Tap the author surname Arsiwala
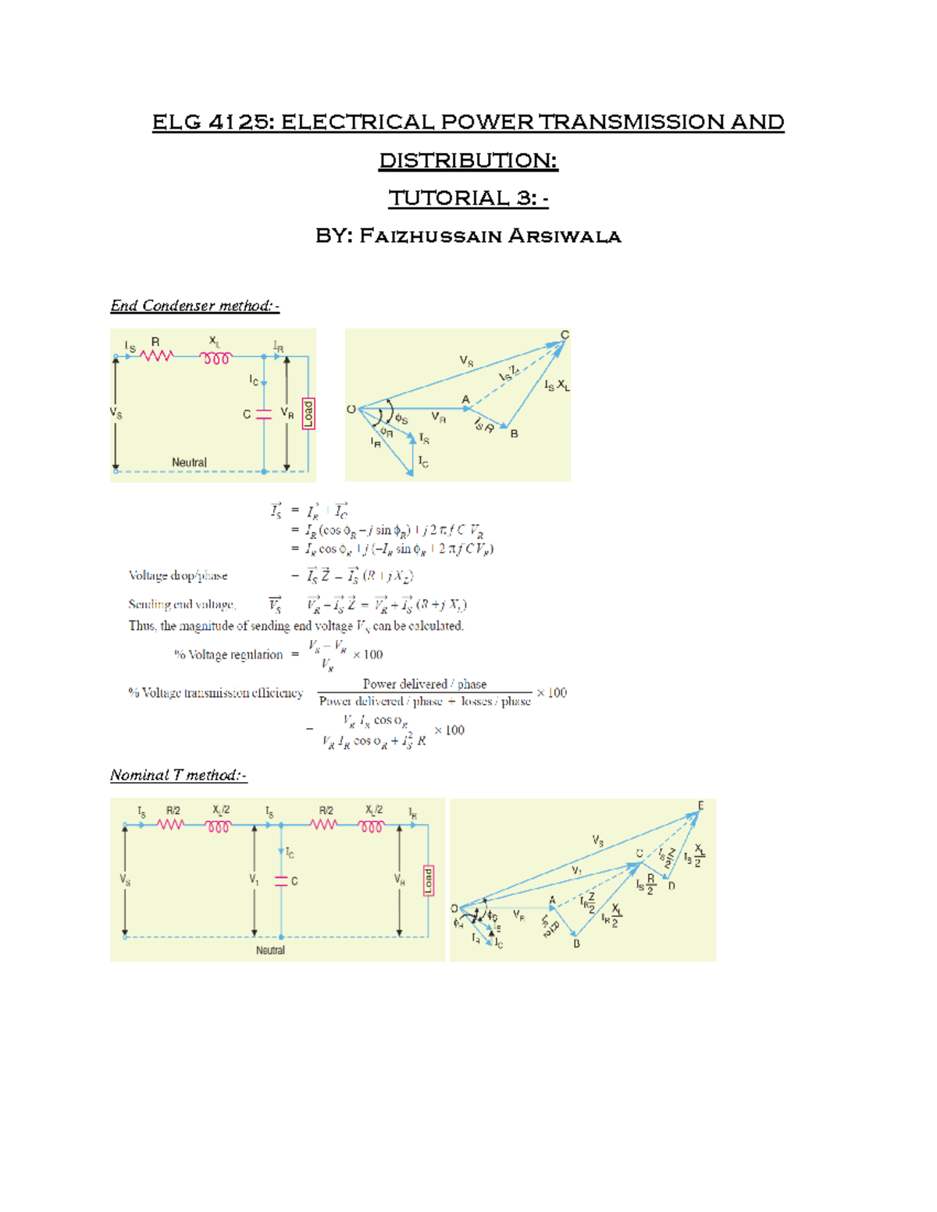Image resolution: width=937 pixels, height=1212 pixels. (x=565, y=236)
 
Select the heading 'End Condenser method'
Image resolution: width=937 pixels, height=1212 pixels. (x=194, y=306)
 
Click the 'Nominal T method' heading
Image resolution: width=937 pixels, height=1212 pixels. (x=178, y=775)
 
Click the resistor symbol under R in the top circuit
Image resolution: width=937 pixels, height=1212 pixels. (x=156, y=357)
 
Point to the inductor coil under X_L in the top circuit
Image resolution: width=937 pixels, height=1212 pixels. (x=216, y=358)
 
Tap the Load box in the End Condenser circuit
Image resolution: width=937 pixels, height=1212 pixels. (x=308, y=413)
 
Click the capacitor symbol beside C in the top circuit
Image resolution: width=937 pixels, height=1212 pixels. (x=264, y=414)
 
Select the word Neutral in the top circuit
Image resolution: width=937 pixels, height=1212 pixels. (x=189, y=462)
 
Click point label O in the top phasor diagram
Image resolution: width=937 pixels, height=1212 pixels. (x=351, y=410)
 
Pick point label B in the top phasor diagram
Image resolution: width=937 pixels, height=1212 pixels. (x=514, y=434)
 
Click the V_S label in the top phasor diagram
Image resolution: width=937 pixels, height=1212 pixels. (x=466, y=361)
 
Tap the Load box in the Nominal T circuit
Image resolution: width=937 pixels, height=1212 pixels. (x=428, y=880)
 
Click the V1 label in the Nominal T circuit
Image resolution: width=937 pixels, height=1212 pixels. (x=254, y=880)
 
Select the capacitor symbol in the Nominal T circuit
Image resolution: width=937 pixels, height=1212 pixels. (x=281, y=881)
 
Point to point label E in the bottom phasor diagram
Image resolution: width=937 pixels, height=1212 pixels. (x=700, y=805)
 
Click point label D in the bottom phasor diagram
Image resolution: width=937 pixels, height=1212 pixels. (x=672, y=886)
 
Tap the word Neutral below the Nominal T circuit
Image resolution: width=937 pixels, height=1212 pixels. (x=270, y=950)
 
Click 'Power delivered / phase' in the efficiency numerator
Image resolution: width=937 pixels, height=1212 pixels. (x=424, y=684)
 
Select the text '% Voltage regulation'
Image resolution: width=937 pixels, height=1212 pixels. (x=228, y=655)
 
